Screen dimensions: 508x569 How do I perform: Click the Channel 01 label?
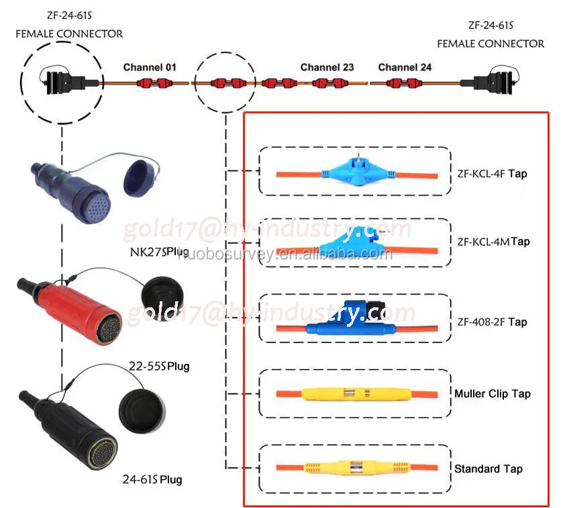click(x=149, y=67)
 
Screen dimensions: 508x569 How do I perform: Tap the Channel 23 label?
click(x=327, y=67)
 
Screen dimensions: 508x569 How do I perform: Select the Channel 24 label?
click(x=405, y=67)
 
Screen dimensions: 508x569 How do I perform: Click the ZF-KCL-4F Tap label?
click(x=492, y=174)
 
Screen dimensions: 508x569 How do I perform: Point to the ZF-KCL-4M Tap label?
click(x=493, y=242)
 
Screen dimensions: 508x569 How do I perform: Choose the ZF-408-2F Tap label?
click(x=492, y=322)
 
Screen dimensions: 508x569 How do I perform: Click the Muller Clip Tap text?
click(x=492, y=394)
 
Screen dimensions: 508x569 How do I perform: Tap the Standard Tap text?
click(x=488, y=468)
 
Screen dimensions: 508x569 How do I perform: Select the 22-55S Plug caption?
click(x=158, y=366)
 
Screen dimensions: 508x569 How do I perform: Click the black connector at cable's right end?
click(x=503, y=82)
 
